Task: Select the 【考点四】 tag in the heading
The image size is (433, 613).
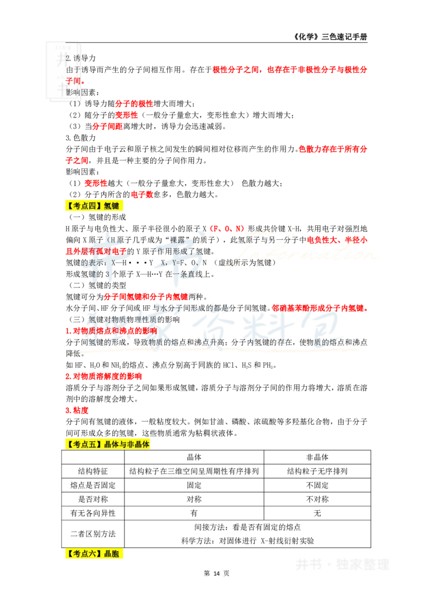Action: (x=84, y=206)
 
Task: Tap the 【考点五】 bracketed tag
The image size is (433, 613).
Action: (x=84, y=445)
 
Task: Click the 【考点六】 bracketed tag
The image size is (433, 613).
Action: (x=84, y=554)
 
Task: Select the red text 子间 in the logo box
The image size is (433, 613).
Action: (x=73, y=81)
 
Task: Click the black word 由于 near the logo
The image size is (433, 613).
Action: (x=73, y=70)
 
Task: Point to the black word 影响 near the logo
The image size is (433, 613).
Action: (x=73, y=93)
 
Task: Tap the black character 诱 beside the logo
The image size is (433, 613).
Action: (x=77, y=58)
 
